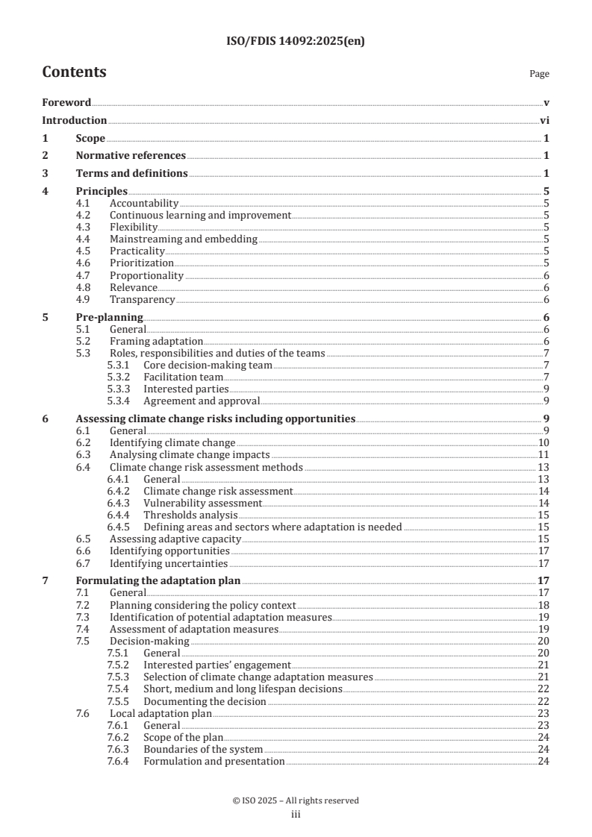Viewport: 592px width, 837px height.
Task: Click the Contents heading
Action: tap(74, 72)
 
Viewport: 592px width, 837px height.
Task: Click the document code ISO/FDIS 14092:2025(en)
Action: tap(296, 43)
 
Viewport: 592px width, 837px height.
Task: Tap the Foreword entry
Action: tap(66, 102)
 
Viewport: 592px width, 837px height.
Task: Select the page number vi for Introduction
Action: tap(545, 120)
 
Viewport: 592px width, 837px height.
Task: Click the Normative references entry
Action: tap(131, 155)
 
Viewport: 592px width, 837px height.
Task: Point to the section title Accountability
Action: tap(144, 203)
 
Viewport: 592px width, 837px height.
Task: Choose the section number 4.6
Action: tap(84, 263)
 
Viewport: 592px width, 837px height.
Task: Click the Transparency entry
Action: tap(142, 299)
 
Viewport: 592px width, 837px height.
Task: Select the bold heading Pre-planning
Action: tap(110, 317)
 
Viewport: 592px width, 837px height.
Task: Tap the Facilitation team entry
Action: tap(183, 377)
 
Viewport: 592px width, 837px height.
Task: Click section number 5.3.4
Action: tap(119, 401)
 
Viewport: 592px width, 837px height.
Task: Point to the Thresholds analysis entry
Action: tap(190, 515)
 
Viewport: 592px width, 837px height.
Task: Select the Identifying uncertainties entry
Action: tap(169, 563)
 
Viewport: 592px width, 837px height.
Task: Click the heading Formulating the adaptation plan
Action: tap(159, 581)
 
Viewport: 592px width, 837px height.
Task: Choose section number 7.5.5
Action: tap(119, 701)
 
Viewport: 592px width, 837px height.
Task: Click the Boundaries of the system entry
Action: tap(203, 749)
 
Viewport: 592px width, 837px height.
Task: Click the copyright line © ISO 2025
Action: tap(296, 800)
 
